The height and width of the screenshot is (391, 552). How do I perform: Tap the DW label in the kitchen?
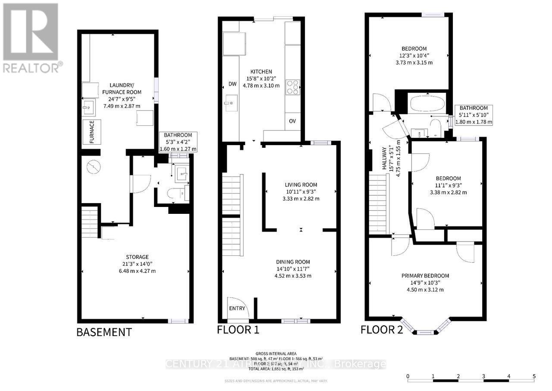[232, 85]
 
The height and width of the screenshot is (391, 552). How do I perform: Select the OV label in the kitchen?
[292, 121]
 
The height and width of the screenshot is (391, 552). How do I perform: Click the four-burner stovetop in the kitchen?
[292, 87]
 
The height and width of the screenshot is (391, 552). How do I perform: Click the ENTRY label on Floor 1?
[237, 308]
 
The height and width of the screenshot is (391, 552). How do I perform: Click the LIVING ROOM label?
[301, 185]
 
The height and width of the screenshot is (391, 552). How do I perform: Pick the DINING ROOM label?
[293, 262]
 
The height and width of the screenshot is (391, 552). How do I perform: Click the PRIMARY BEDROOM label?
[425, 276]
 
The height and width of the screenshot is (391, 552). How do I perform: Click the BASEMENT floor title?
[103, 332]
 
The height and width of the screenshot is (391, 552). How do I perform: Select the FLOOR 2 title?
[382, 330]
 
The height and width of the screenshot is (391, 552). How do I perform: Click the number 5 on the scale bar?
[534, 376]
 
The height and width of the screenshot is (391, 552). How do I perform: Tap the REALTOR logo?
[31, 38]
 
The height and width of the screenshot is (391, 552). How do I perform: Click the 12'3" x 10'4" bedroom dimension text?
[414, 55]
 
